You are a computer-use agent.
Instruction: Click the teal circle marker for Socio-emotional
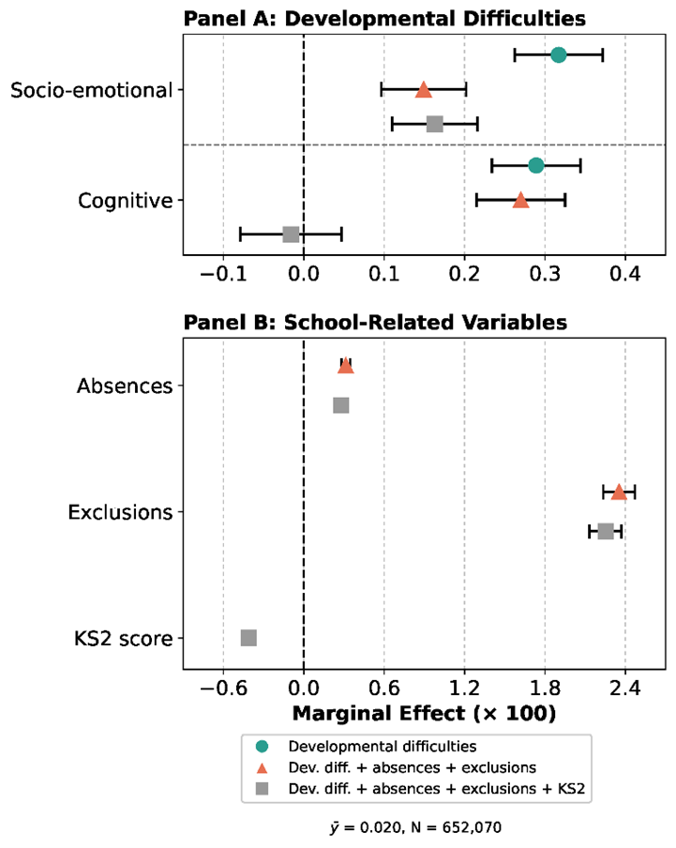pyautogui.click(x=558, y=54)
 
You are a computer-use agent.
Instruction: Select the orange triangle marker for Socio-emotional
pyautogui.click(x=424, y=90)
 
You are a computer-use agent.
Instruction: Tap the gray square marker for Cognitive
pyautogui.click(x=291, y=235)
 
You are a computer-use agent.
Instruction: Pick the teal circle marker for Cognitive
pyautogui.click(x=535, y=165)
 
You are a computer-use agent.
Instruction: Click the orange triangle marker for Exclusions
pyautogui.click(x=619, y=492)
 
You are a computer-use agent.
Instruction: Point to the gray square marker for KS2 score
pyautogui.click(x=248, y=638)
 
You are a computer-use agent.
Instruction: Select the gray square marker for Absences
pyautogui.click(x=341, y=405)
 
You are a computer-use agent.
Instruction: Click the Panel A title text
pyautogui.click(x=384, y=19)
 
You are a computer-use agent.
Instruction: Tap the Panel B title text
pyautogui.click(x=375, y=323)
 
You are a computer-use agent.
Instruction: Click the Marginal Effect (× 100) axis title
pyautogui.click(x=424, y=713)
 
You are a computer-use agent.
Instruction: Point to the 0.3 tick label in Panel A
pyautogui.click(x=545, y=274)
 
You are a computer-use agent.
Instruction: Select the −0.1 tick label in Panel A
pyautogui.click(x=223, y=274)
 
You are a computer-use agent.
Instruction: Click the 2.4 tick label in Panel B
pyautogui.click(x=625, y=689)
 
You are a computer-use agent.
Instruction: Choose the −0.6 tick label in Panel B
pyautogui.click(x=223, y=689)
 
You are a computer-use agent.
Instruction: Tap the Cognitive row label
pyautogui.click(x=126, y=201)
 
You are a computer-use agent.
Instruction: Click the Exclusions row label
pyautogui.click(x=120, y=512)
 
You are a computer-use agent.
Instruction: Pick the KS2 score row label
pyautogui.click(x=123, y=639)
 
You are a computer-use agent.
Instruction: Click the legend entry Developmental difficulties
pyautogui.click(x=382, y=747)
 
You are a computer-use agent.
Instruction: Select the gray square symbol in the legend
pyautogui.click(x=263, y=789)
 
